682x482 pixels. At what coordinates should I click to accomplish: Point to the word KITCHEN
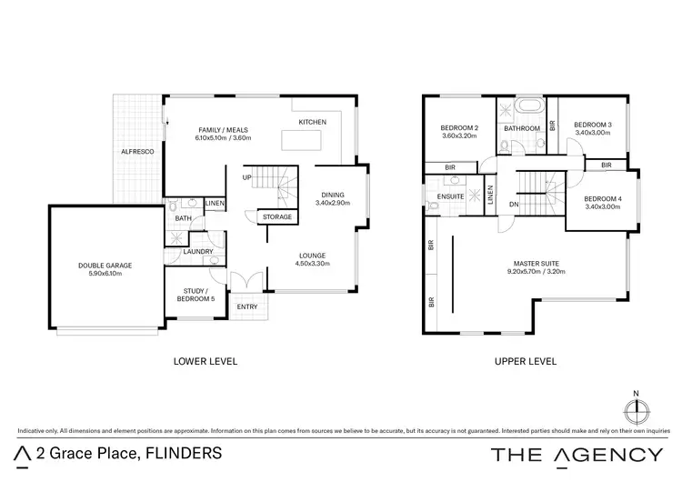coord(313,122)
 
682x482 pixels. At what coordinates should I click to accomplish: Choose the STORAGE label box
coord(277,217)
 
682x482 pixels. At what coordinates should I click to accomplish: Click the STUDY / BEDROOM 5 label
coord(192,295)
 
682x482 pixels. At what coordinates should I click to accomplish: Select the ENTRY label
coord(247,306)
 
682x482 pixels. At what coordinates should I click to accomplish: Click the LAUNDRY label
coord(198,251)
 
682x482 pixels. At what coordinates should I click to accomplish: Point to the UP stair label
coord(246,177)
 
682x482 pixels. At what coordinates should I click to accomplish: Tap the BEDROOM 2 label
coord(459,130)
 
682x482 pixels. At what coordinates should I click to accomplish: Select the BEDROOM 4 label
coord(602,203)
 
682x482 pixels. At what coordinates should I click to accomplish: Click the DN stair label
coord(514,205)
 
